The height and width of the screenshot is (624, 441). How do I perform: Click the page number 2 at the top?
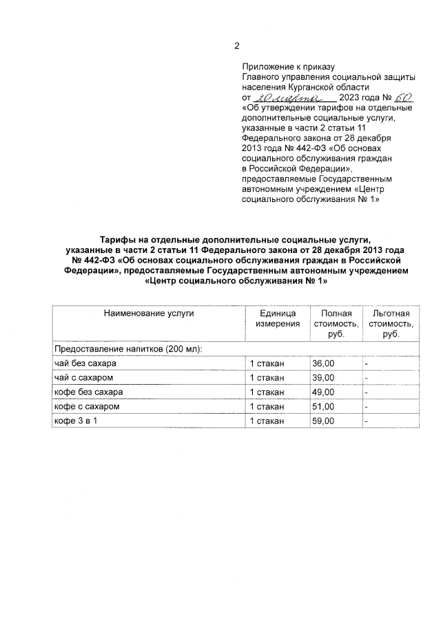tap(237, 47)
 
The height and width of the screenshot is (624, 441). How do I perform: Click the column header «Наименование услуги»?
tap(149, 313)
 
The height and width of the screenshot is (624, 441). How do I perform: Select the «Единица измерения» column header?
tap(278, 318)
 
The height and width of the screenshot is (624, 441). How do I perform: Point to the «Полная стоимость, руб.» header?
tap(336, 323)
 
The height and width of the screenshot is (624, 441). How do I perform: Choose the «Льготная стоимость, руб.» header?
tap(391, 323)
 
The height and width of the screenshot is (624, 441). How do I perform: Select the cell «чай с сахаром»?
tap(83, 378)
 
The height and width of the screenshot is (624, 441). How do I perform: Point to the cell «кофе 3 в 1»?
tap(76, 421)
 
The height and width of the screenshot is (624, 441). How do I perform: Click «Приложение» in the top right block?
tap(270, 67)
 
